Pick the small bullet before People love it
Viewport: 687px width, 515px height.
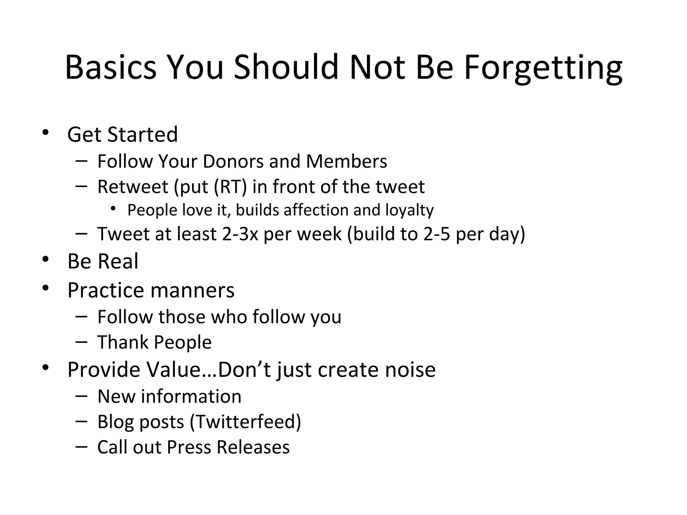(113, 209)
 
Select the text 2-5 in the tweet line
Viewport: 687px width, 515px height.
(436, 234)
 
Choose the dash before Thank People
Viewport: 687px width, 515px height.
(82, 342)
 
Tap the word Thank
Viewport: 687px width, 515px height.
(123, 342)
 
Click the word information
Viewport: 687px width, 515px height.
(191, 396)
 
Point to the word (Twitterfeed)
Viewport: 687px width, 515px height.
(245, 422)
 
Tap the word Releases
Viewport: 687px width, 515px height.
(253, 447)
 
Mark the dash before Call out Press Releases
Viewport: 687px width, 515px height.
(82, 446)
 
